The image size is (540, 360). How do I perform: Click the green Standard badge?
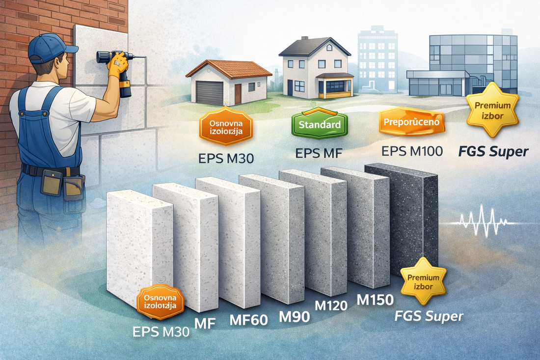(x=323, y=124)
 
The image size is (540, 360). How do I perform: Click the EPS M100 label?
(x=412, y=150)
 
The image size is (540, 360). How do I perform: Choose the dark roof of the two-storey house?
(x=314, y=48)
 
